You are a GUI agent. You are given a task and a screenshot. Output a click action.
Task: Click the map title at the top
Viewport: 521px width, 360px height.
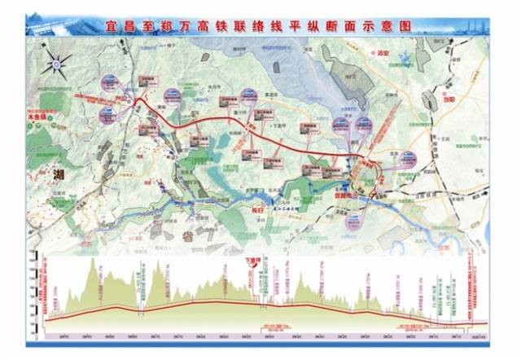pyautogui.click(x=260, y=26)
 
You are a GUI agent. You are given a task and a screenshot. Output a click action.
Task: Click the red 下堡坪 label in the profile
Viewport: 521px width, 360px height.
pyautogui.click(x=256, y=263)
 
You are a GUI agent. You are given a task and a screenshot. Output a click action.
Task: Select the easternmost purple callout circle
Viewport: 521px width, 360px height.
pyautogui.click(x=408, y=159)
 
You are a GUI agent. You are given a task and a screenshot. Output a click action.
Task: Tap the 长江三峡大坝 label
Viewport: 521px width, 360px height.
pyautogui.click(x=287, y=209)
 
